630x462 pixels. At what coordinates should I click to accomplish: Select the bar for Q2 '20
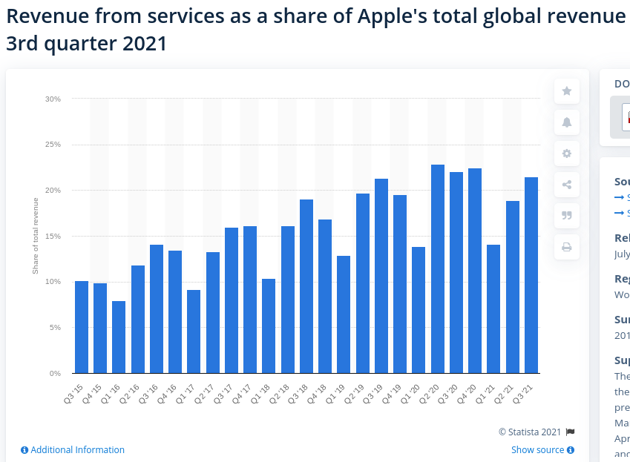(438, 269)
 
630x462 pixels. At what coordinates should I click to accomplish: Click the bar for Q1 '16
(119, 337)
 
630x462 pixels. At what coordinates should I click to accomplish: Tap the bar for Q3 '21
(531, 275)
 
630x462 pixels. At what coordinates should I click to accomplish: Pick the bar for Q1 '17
(194, 331)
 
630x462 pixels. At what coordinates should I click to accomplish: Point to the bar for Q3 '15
(82, 327)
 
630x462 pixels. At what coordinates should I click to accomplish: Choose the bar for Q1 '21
(493, 309)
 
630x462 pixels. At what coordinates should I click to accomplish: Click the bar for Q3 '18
(306, 286)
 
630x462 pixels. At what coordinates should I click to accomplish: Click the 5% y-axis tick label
(55, 328)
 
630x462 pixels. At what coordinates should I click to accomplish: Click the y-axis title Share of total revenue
(36, 236)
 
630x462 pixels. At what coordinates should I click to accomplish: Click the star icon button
(567, 91)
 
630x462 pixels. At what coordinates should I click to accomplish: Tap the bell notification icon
(567, 122)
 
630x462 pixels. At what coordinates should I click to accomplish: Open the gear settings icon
(567, 154)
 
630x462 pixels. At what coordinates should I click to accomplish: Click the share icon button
(567, 185)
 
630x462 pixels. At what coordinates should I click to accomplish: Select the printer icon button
(567, 247)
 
